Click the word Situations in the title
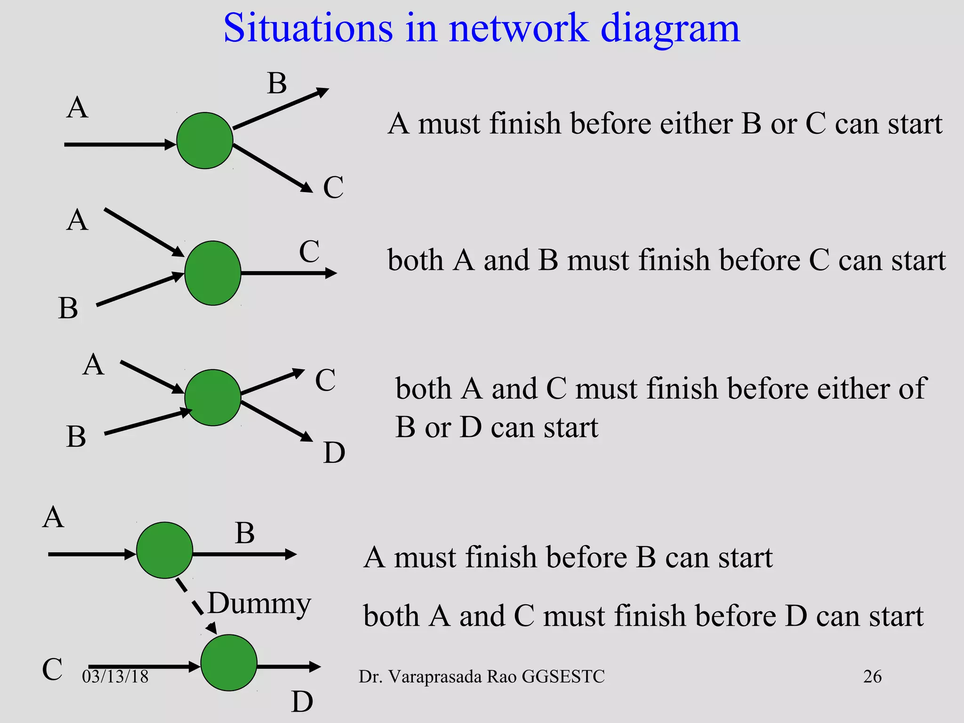308,28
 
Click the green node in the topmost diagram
205,140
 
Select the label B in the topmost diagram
277,84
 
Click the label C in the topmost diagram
333,187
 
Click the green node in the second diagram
213,273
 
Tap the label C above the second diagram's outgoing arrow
309,251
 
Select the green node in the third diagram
213,398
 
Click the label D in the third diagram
334,453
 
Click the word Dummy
259,603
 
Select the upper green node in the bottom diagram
165,550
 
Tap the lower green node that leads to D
229,663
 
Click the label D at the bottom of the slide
302,702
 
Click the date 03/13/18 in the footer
115,676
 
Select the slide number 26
872,676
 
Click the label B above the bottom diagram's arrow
245,533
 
